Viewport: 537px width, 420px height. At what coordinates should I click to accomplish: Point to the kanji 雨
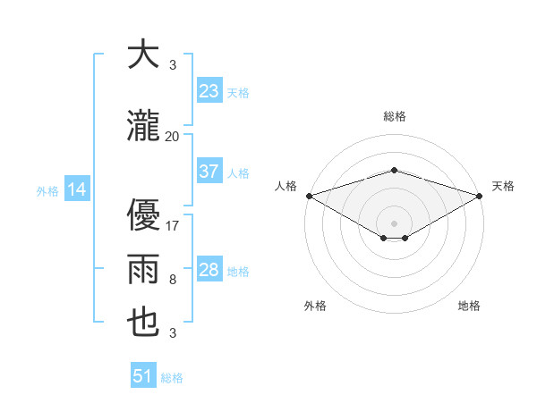coord(143,269)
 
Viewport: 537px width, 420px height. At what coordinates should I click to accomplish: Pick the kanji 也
coord(143,323)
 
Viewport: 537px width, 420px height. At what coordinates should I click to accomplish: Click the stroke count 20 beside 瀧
coord(173,136)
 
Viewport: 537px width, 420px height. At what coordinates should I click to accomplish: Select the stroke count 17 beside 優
coord(173,226)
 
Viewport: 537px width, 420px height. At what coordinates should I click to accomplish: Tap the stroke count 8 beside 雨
coord(173,280)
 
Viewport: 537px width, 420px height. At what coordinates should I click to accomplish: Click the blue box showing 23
coord(209,91)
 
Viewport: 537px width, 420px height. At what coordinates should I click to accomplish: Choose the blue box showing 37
coord(209,172)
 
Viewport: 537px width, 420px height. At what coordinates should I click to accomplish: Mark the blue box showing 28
coord(209,270)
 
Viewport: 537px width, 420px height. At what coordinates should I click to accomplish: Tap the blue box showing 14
coord(77,189)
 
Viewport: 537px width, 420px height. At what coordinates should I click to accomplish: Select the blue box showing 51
coord(143,376)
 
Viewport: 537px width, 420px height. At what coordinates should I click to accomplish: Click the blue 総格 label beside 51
coord(172,378)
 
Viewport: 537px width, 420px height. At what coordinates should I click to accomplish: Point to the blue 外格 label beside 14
coord(47,190)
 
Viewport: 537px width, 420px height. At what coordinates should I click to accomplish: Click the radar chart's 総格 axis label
coord(394,116)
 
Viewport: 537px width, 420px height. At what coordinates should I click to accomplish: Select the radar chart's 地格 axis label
coord(469,306)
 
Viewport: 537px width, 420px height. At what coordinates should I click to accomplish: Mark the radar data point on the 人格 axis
coord(309,195)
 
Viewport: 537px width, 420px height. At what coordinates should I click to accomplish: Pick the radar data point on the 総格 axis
coord(394,170)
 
